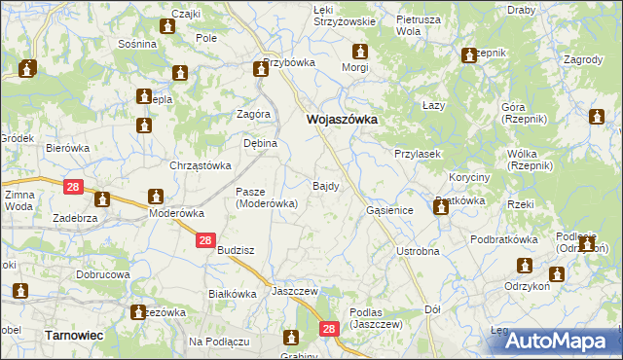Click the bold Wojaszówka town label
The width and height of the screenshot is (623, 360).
tap(342, 120)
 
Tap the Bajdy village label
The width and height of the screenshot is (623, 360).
tap(325, 185)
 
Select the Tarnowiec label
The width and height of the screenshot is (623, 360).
tap(73, 334)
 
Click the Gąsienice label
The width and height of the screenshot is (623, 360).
tap(390, 210)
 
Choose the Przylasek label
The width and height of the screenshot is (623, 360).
tap(419, 154)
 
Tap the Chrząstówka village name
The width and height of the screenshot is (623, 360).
tap(200, 165)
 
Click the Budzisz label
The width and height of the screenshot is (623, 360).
tap(236, 250)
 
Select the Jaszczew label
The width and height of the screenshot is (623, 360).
tap(296, 291)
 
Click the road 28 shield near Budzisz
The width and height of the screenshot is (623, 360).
tap(204, 240)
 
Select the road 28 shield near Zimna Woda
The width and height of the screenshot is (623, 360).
tap(74, 186)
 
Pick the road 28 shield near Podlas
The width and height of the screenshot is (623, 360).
tap(328, 331)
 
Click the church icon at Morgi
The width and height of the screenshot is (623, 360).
tap(359, 51)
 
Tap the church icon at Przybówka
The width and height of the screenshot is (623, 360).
tap(261, 68)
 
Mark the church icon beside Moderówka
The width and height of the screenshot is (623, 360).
tap(155, 195)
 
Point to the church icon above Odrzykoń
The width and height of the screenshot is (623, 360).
tap(526, 265)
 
